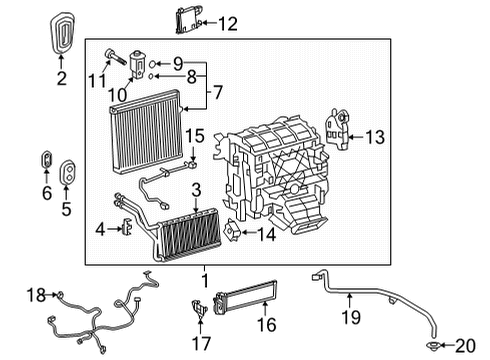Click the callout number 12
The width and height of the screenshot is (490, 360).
pos(228,22)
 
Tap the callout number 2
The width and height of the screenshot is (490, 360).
pos(61,77)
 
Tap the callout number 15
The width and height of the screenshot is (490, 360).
pos(196,134)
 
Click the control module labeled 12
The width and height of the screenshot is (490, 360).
pos(185,21)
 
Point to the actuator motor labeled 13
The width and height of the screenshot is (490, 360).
pos(339,131)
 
